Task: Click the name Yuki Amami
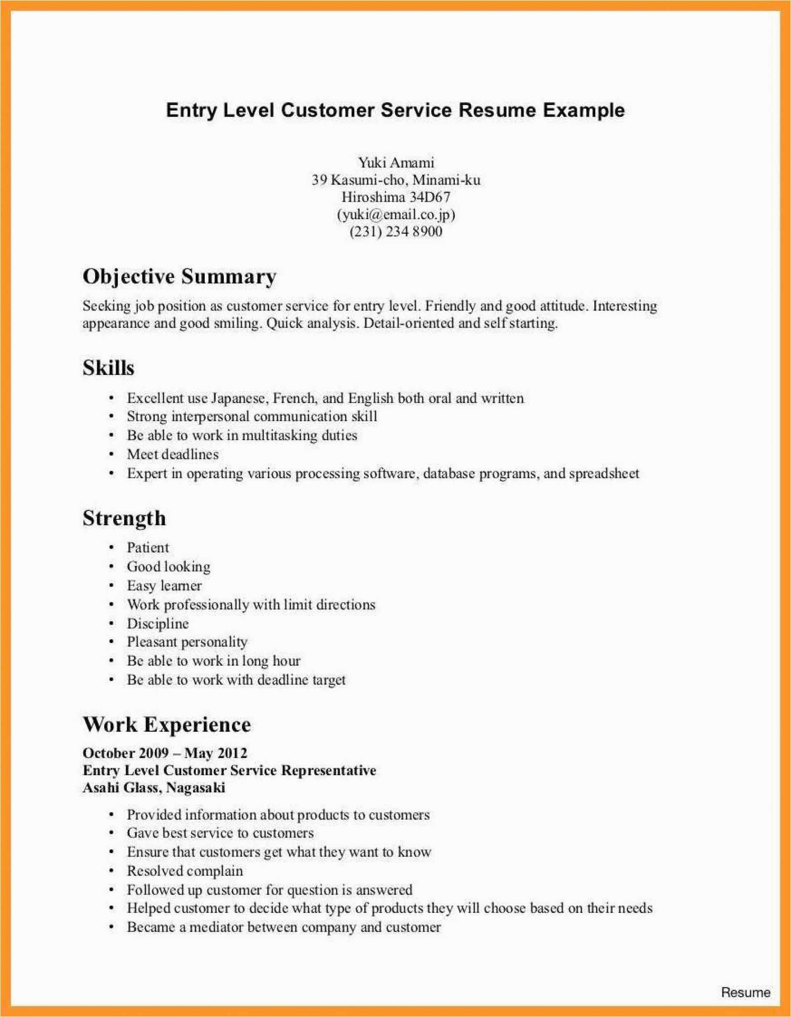click(395, 163)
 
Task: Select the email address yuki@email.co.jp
click(395, 215)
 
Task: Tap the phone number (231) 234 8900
click(395, 231)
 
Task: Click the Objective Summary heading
click(179, 277)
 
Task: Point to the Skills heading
click(108, 368)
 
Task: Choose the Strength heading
click(124, 518)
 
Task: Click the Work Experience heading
click(167, 725)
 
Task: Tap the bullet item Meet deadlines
click(172, 454)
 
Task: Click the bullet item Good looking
click(168, 567)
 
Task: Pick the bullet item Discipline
click(157, 624)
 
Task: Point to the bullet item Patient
click(147, 547)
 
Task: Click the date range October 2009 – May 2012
click(165, 753)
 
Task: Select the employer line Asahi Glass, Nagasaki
click(154, 788)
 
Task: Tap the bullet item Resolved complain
click(185, 871)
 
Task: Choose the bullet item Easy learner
click(164, 586)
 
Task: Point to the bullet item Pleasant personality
click(187, 642)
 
